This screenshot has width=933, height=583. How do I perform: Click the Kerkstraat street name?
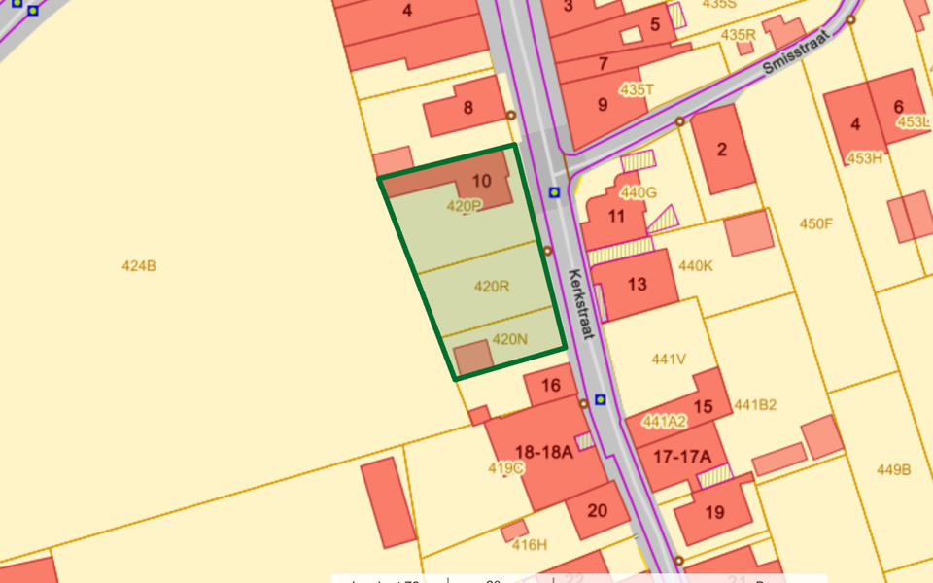580,303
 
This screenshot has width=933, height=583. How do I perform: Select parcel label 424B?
139,265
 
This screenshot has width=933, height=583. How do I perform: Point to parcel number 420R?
492,287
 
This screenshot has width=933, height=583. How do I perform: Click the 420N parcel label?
510,339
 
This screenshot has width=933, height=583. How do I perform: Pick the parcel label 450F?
816,223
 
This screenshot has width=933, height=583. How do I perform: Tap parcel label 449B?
893,469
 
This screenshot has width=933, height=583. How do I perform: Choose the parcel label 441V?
669,359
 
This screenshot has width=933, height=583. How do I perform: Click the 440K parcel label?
696,265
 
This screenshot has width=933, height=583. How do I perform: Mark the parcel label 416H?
530,544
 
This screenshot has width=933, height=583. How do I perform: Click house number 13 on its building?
638,285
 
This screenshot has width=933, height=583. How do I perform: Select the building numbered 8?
467,108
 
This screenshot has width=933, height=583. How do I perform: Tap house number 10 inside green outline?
482,181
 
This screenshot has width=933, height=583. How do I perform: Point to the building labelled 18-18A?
545,452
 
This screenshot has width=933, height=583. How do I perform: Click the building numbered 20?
597,510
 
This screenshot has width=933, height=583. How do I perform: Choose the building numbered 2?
722,149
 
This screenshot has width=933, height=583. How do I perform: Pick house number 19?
714,512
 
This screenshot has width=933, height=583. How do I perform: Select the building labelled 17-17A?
682,457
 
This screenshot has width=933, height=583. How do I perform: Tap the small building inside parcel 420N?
474,358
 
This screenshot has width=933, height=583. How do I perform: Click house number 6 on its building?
898,107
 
